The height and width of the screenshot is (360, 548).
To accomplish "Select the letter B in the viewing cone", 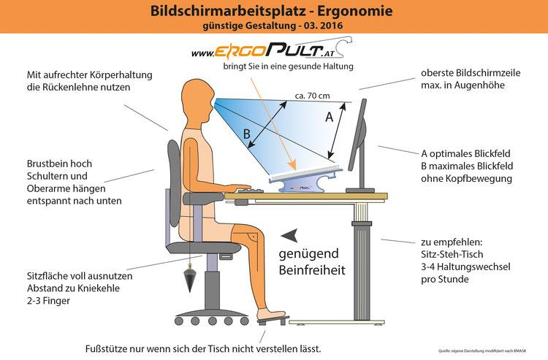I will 248,134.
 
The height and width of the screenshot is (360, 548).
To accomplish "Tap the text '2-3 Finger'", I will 52,300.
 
